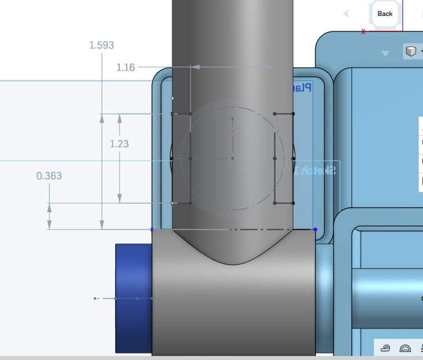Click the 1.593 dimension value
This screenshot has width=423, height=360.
(101, 45)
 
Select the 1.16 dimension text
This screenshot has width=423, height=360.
(126, 67)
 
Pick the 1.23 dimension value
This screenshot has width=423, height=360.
(119, 144)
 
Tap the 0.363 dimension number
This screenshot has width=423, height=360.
(49, 176)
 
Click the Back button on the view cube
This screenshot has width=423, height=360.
(385, 14)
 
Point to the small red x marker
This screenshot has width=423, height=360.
(364, 31)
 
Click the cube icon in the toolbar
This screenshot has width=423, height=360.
(410, 52)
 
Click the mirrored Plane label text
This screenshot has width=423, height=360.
(301, 87)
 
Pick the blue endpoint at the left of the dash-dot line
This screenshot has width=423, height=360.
(152, 229)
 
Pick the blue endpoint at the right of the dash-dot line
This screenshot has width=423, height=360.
(315, 229)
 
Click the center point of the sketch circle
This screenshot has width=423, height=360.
(233, 158)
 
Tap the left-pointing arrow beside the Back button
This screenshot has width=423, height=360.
(345, 14)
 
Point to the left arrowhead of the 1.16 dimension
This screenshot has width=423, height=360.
(195, 67)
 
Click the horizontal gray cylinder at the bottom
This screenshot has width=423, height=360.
(234, 308)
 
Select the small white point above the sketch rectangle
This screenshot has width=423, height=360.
(173, 98)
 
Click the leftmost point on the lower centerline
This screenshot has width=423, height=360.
(95, 298)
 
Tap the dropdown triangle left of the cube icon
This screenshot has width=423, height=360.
(385, 53)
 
